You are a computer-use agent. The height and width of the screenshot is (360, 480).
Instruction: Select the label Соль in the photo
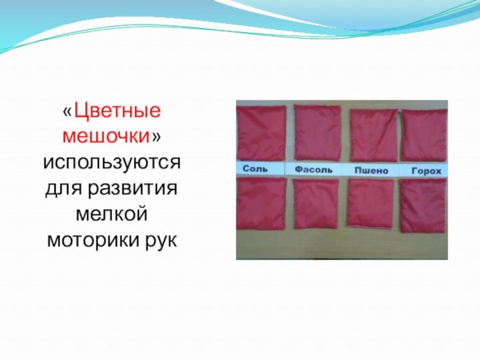tap(256, 169)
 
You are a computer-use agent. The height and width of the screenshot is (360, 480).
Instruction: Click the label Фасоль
tap(313, 170)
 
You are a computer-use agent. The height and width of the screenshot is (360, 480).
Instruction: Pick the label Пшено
tap(371, 171)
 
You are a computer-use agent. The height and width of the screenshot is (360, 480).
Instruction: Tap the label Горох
tap(425, 171)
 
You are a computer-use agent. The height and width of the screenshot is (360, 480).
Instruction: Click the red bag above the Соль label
tap(263, 131)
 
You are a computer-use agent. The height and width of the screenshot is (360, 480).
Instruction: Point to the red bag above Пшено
tap(373, 134)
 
